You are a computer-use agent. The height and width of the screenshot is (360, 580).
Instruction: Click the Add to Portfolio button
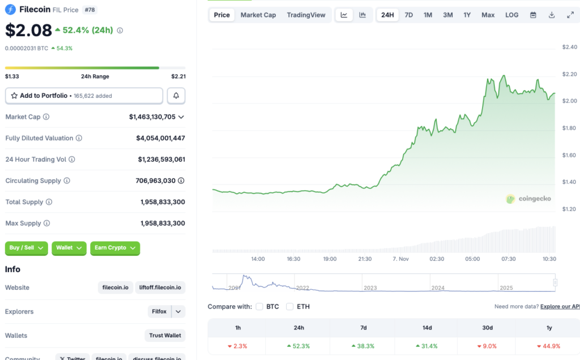84,96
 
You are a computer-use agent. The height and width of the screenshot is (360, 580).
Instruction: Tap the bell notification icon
176,96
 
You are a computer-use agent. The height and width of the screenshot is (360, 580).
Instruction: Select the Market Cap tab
258,15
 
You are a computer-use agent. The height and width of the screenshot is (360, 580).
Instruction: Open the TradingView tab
306,15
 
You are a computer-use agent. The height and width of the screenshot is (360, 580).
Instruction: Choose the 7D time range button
408,15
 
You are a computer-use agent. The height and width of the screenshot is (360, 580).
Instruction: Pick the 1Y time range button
467,15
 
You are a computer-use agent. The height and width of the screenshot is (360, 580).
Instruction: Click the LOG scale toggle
511,15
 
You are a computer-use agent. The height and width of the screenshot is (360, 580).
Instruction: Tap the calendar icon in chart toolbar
533,15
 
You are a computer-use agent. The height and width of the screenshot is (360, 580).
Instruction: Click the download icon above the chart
552,15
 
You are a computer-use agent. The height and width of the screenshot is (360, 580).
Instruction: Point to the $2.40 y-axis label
569,46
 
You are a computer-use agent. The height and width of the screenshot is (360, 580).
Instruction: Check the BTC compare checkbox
259,307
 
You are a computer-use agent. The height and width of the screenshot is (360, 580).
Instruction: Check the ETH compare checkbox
289,307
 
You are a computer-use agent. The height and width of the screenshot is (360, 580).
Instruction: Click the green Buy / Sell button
26,248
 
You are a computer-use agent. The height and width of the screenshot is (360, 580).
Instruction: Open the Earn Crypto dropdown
115,248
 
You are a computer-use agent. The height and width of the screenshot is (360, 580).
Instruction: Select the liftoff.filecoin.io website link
160,288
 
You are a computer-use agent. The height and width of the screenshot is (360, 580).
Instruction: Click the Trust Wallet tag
165,336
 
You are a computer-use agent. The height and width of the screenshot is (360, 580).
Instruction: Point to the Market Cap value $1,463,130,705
152,117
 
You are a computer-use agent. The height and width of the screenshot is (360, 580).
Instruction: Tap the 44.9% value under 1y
549,346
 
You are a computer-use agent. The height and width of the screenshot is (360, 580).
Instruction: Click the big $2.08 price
28,30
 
